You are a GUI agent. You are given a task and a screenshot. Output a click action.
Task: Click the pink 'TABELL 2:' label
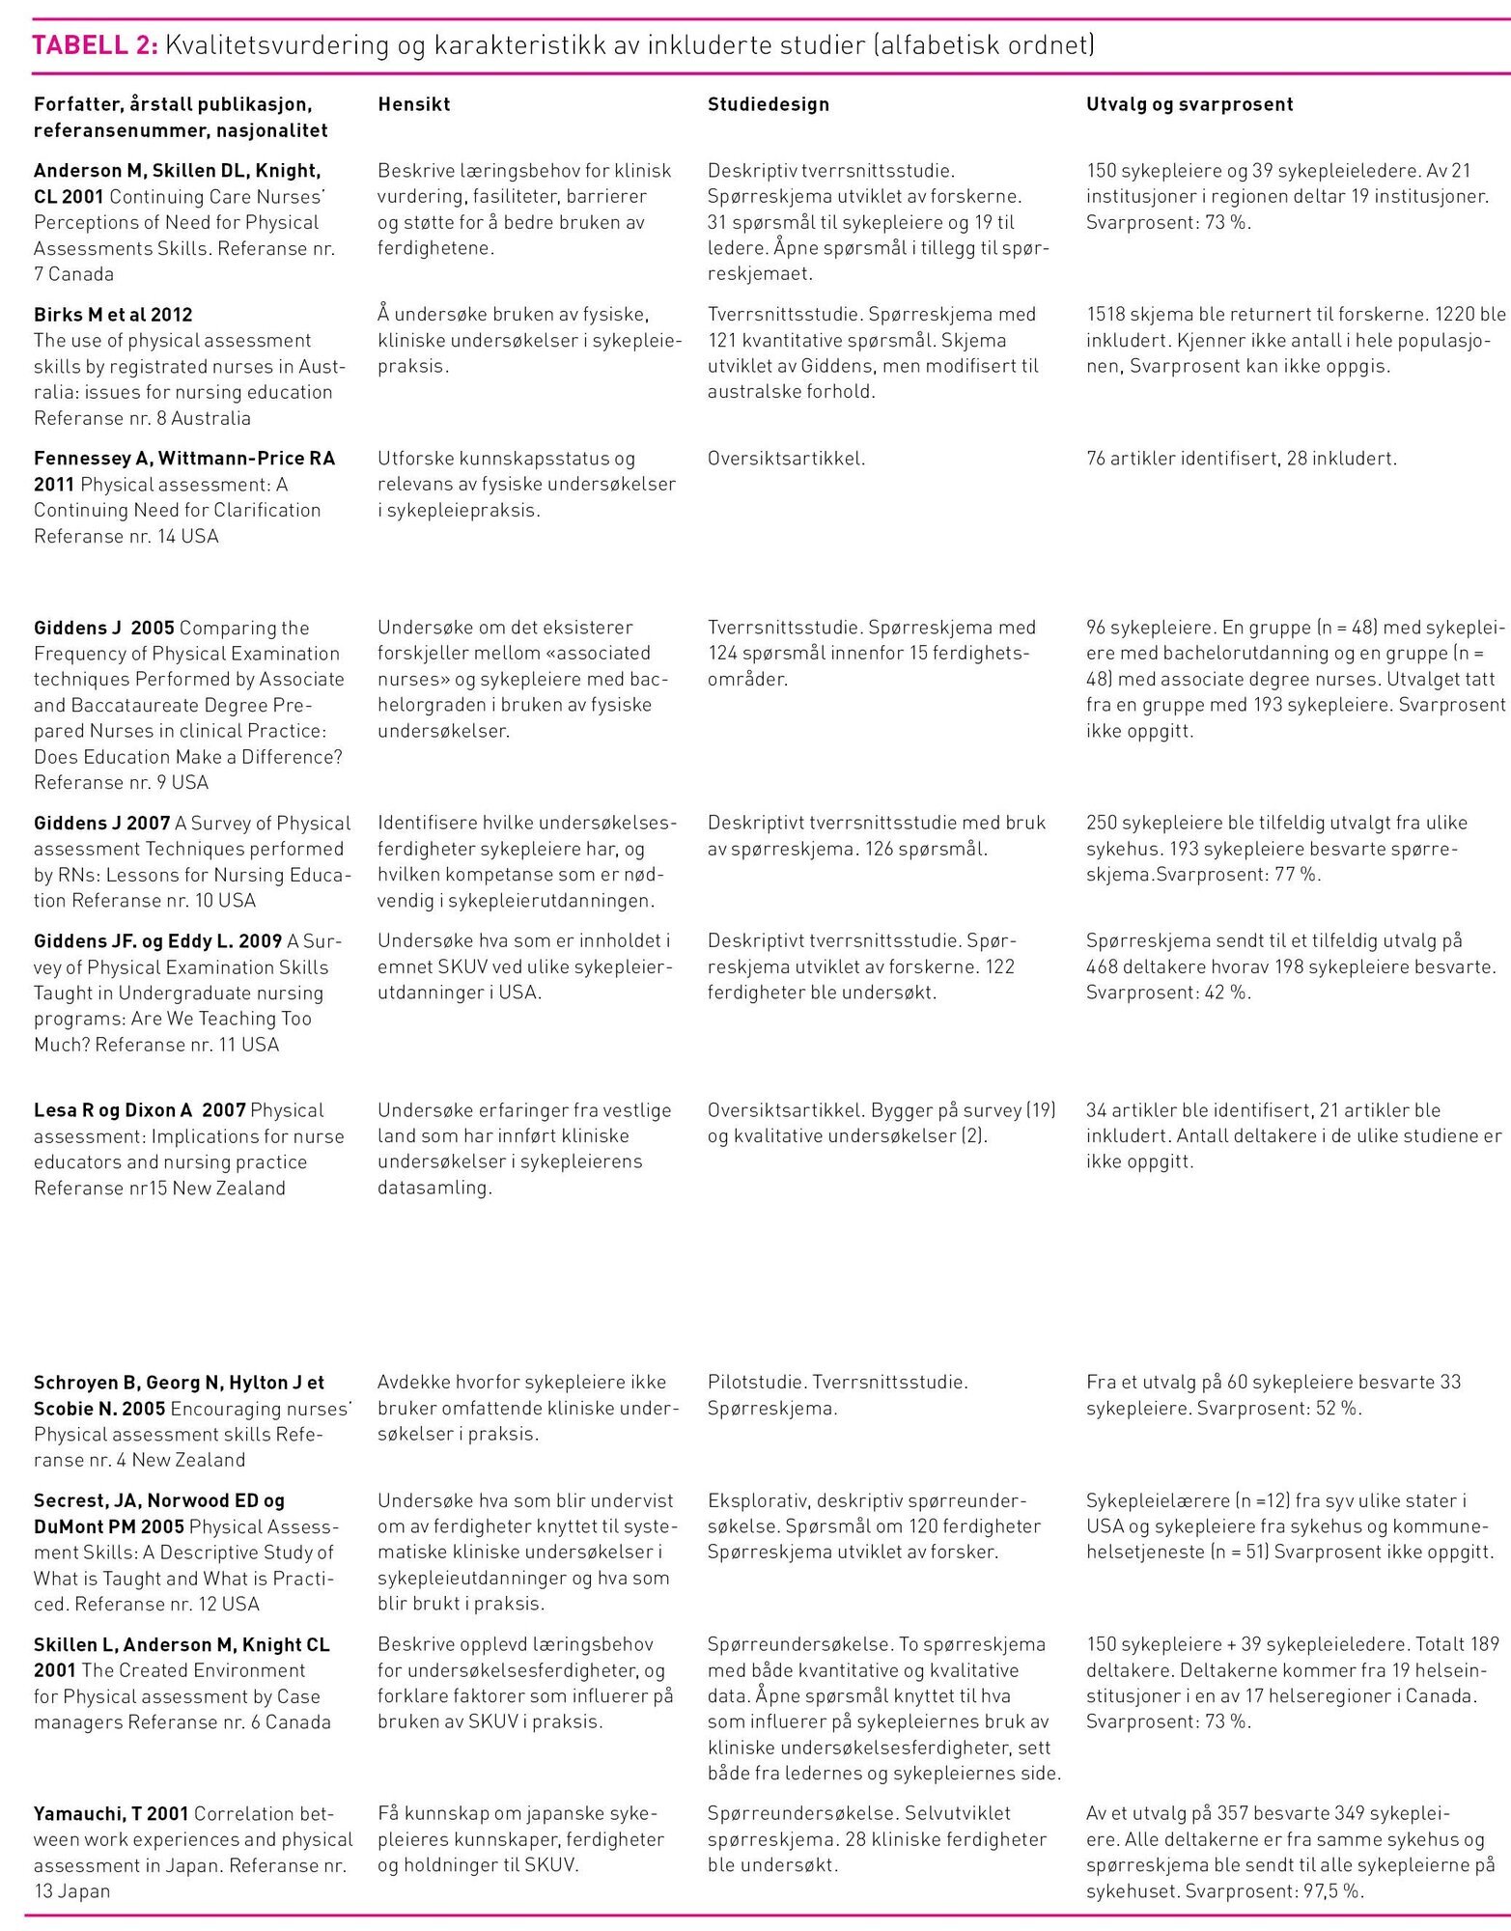click(x=96, y=44)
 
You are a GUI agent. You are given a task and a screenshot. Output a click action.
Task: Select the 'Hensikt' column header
click(x=413, y=104)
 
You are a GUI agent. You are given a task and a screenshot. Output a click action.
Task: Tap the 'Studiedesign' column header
click(x=768, y=104)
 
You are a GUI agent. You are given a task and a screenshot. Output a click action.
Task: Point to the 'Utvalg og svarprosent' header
click(x=1189, y=104)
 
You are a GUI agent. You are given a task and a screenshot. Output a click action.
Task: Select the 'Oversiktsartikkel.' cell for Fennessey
click(x=786, y=458)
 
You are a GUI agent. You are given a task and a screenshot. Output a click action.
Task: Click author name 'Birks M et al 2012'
click(x=113, y=314)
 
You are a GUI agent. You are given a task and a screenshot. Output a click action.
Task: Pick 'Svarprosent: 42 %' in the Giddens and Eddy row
click(x=1167, y=992)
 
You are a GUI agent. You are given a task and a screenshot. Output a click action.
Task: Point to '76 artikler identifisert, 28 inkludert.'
click(x=1241, y=458)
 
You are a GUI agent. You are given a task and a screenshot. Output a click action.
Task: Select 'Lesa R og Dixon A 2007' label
click(x=140, y=1109)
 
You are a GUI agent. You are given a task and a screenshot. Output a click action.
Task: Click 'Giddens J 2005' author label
click(x=104, y=628)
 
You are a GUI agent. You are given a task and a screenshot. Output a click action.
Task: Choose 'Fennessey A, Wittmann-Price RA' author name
click(x=183, y=458)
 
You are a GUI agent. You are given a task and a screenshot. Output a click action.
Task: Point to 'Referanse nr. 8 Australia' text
click(x=142, y=418)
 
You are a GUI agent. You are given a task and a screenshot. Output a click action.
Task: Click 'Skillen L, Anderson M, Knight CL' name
click(x=182, y=1643)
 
